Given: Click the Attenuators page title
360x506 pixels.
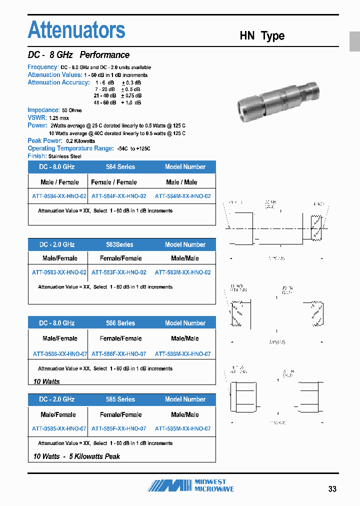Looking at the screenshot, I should point(76,30).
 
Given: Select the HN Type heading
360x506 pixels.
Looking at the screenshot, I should point(262,36).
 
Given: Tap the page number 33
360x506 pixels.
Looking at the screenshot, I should point(332,489).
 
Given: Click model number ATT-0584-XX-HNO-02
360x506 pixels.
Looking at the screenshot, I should point(59,196).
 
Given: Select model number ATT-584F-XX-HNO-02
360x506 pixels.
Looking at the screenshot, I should point(119,196).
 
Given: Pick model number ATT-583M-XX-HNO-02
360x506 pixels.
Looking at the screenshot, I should point(182,272).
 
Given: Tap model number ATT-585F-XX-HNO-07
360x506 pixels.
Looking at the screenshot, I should point(119,429).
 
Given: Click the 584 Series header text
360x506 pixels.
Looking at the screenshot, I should point(120,167).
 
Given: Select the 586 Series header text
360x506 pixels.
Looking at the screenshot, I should point(120,323).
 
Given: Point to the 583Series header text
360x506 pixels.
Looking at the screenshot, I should point(119,245).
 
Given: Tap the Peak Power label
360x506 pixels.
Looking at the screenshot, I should point(45,141).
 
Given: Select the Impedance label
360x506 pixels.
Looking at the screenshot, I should point(43,110).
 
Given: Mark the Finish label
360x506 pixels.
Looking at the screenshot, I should point(37,156).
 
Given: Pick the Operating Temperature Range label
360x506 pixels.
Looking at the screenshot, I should point(70,148).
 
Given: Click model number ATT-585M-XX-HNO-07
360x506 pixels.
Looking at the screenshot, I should point(182,429).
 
